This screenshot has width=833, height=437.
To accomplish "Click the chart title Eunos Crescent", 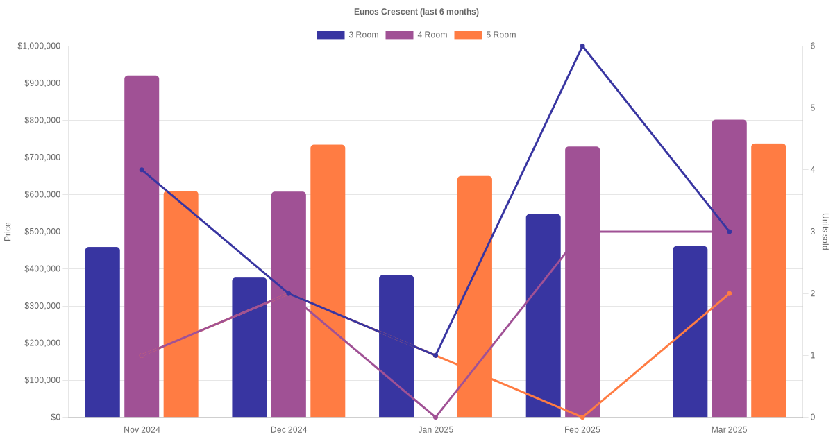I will pos(416,12).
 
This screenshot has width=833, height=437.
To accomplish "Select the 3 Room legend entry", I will pos(347,35).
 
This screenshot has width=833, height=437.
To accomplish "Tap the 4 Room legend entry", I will pos(416,35).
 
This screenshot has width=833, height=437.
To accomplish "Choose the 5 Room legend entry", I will pos(485,35).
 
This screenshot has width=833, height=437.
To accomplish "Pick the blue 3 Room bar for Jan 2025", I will pos(396,346).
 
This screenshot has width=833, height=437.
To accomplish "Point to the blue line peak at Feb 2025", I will pos(582,46).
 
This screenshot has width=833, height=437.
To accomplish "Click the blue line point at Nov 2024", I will pos(142,170).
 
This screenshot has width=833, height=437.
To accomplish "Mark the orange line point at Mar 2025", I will pos(730,293).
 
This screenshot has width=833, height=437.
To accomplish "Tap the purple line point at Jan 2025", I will pos(435,417).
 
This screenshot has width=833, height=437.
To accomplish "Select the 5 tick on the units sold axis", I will pos(812,108).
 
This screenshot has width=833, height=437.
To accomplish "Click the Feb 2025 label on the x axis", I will pos(582,430).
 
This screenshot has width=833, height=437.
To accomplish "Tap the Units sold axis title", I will pos(825,232).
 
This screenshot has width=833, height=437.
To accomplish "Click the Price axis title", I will pos(8,232).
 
